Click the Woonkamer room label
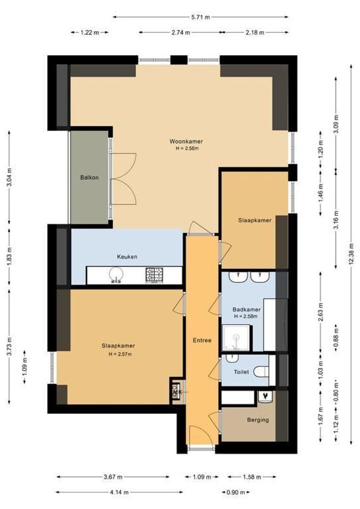(x=183, y=141)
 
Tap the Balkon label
(x=89, y=178)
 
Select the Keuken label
(x=127, y=257)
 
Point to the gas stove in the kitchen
(x=154, y=274)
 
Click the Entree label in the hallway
(x=202, y=340)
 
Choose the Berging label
(x=258, y=420)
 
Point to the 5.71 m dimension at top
(x=201, y=17)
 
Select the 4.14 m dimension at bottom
(x=119, y=492)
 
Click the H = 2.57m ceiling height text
(x=120, y=354)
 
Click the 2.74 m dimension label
(x=180, y=33)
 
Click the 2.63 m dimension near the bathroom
(x=320, y=312)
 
